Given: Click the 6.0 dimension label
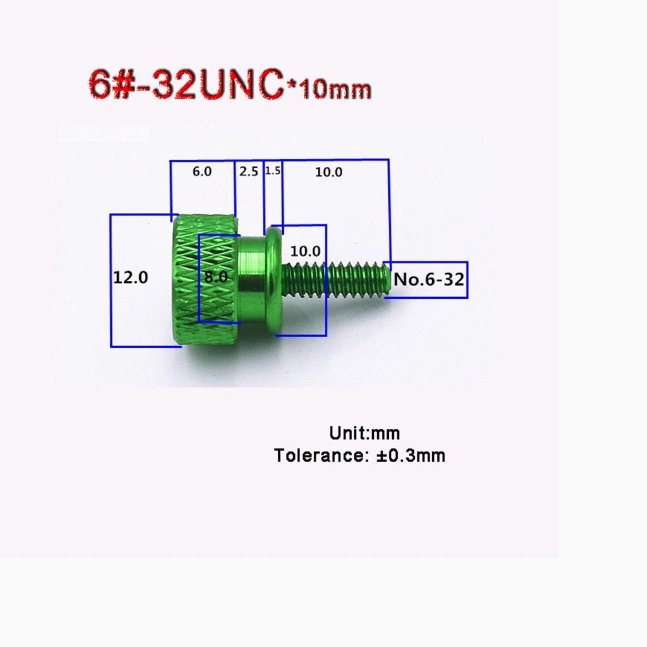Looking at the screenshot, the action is pos(202,171).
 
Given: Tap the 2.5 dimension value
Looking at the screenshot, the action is pos(249,171).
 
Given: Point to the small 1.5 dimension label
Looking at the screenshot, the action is pos(273,170).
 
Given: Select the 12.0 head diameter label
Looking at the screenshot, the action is pos(131,278).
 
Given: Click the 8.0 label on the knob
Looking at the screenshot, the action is pos(216,276).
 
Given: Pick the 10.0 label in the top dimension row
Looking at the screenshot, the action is pos(329,172).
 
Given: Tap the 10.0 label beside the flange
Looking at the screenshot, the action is pos(305,251).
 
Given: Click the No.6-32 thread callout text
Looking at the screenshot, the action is pos(429,280).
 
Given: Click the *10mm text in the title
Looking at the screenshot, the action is pos(329,89).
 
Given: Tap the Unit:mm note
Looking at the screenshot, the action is pos(364,433).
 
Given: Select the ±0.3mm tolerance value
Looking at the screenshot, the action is pos(411,455).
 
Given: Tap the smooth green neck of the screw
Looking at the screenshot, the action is pos(252,280).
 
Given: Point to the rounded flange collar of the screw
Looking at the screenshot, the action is pos(273,281).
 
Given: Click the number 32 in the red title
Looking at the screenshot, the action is pos(173,85).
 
